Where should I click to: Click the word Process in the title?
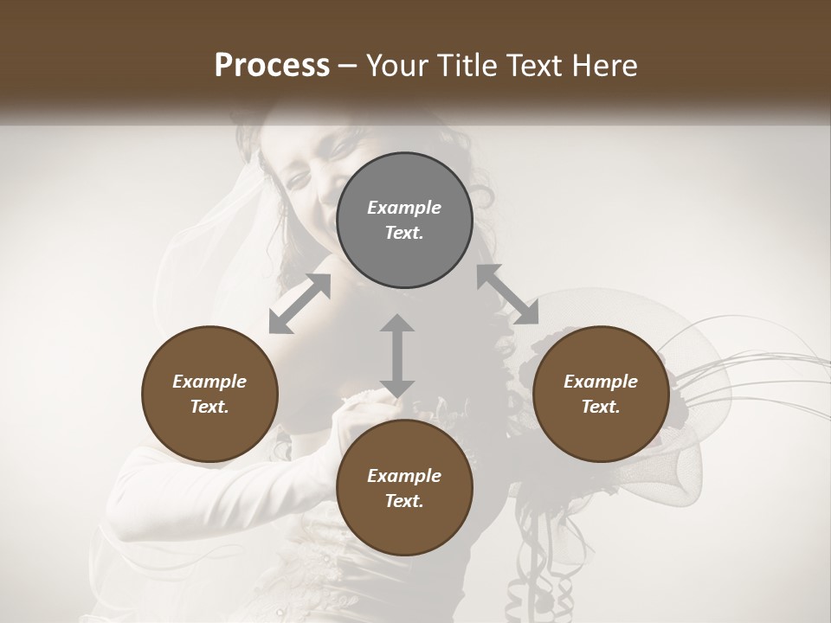click(272, 66)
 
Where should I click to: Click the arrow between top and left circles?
click(300, 303)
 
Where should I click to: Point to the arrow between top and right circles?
click(507, 295)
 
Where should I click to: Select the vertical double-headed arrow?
click(397, 356)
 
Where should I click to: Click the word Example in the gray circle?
click(404, 208)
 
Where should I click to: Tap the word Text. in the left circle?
click(209, 407)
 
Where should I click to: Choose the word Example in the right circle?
click(601, 382)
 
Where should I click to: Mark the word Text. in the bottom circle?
click(404, 501)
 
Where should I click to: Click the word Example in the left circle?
click(209, 382)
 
